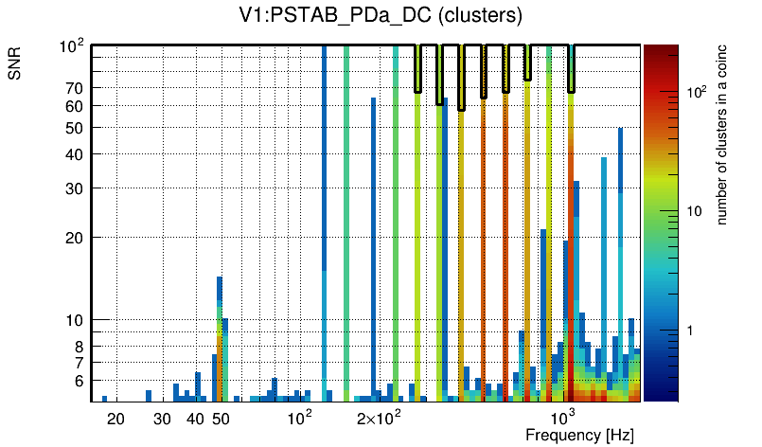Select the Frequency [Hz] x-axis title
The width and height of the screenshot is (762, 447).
coord(579,436)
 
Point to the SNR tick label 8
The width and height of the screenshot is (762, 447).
coord(80,347)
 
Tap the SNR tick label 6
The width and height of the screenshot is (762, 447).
coord(80,381)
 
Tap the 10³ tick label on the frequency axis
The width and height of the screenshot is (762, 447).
coord(563,417)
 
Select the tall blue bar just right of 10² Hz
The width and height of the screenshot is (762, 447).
coord(325,218)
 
